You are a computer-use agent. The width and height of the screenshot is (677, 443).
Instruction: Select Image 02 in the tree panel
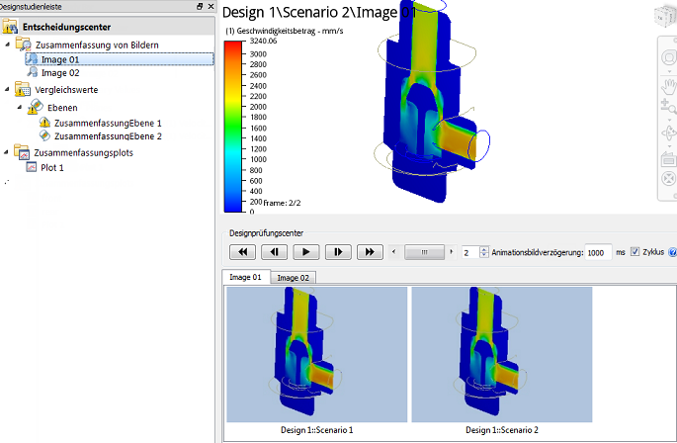click(x=60, y=73)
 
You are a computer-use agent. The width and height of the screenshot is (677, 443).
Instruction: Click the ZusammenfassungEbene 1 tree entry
click(x=108, y=124)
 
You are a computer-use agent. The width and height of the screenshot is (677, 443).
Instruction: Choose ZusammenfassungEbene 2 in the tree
click(x=108, y=136)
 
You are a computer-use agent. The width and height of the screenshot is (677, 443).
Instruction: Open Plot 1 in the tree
click(x=51, y=168)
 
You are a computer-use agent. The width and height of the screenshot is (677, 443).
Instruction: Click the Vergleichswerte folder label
click(x=66, y=90)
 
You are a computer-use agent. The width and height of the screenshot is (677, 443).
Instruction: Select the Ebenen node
click(x=62, y=108)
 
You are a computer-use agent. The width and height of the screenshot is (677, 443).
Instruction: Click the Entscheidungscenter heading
click(x=66, y=27)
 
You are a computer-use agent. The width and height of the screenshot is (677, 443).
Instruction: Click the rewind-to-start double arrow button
click(x=242, y=252)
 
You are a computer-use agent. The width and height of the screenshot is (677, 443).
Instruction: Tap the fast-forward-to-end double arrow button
click(x=370, y=252)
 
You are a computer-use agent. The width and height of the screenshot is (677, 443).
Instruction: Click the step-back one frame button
click(x=274, y=252)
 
